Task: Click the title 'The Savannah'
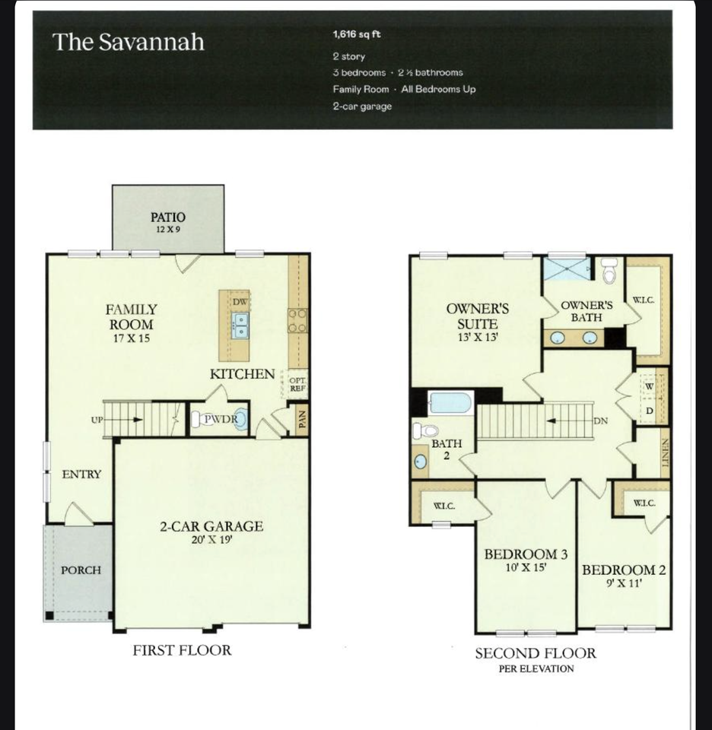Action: click(128, 42)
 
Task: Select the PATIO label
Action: click(168, 217)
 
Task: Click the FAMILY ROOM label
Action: click(131, 317)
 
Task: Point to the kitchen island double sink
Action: click(241, 326)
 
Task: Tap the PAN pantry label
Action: click(301, 420)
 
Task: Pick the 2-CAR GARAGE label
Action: click(211, 526)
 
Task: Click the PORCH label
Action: click(81, 570)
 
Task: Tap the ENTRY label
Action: click(81, 474)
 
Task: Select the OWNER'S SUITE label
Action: click(477, 316)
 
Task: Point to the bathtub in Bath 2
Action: click(450, 402)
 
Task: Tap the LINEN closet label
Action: click(664, 458)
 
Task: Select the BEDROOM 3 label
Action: click(526, 554)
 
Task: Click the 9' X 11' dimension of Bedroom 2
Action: click(624, 584)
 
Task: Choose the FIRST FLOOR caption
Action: click(182, 650)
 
